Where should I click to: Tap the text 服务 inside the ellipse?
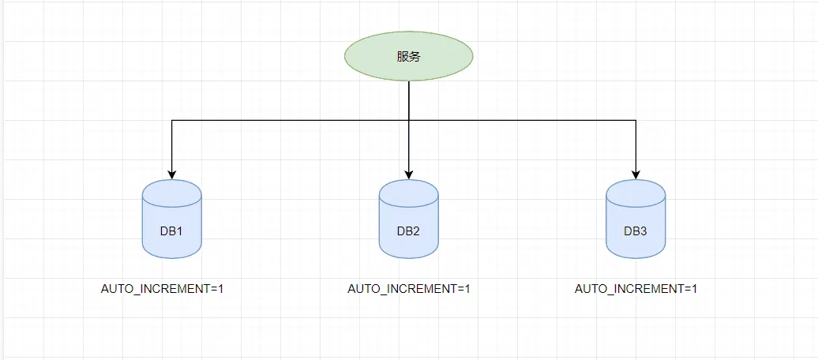coord(408,57)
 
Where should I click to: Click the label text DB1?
coord(172,231)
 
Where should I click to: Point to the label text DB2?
coord(408,231)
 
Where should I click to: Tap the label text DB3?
coord(636,231)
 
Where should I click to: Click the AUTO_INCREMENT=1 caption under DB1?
coord(163,289)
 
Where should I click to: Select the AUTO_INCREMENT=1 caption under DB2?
coord(409,289)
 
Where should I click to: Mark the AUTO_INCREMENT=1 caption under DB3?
coord(636,289)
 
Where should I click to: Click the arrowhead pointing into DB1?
coord(172,174)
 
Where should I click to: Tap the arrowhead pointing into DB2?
coord(408,174)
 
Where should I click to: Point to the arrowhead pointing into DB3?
coord(636,174)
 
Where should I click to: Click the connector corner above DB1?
coord(172,120)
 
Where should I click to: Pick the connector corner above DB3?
coord(636,120)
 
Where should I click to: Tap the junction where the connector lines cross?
coord(408,120)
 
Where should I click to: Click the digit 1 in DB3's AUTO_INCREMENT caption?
coord(694,289)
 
